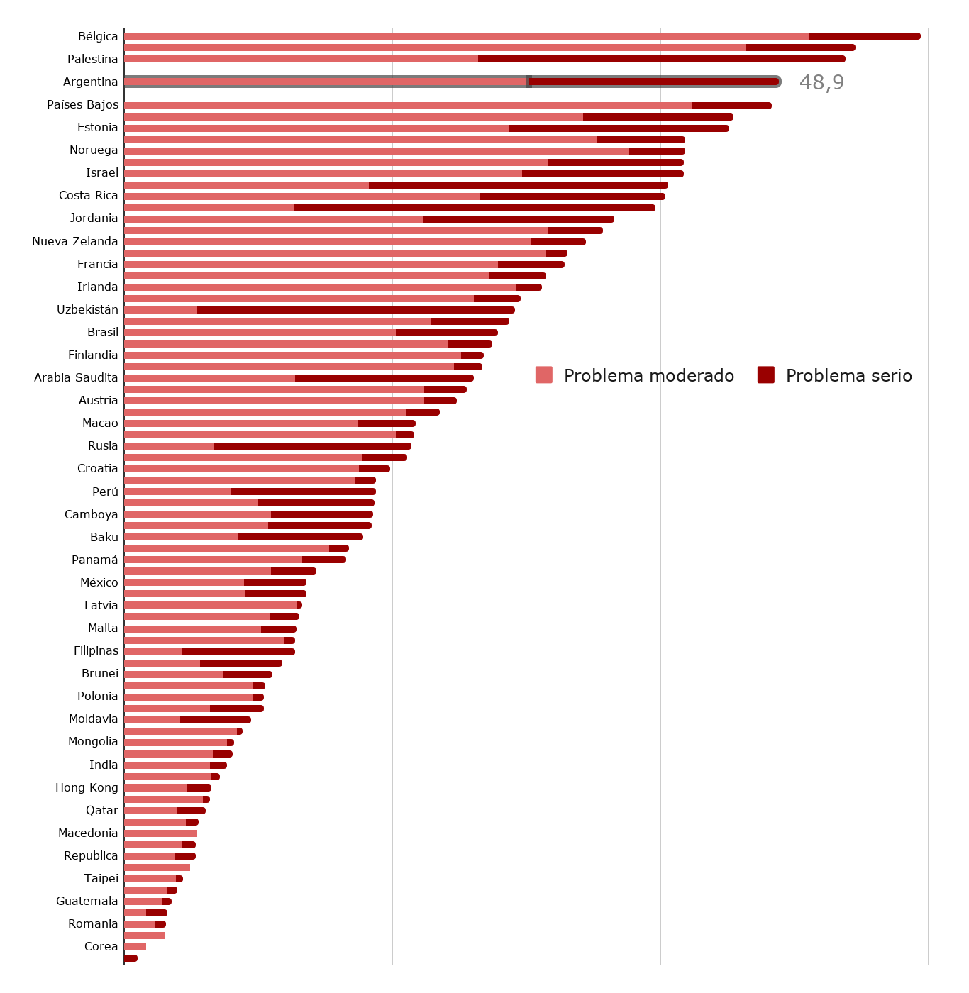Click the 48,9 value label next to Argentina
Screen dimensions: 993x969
coord(821,82)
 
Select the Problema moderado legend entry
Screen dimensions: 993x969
coord(635,375)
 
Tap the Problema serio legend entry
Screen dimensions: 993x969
coord(835,375)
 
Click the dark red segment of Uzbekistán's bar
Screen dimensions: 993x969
coord(355,310)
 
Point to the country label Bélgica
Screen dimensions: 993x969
coord(98,36)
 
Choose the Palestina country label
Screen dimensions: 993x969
coord(92,59)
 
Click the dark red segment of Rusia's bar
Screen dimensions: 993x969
coord(312,446)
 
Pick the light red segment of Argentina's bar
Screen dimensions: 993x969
coord(325,82)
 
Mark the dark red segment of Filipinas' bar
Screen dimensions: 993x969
coord(238,652)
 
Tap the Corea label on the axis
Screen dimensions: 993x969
coord(101,946)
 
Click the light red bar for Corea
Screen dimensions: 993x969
coord(135,947)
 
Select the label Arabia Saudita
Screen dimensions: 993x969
coord(76,377)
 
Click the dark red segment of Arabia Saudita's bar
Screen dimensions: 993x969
coord(384,378)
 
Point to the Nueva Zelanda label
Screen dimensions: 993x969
coord(74,241)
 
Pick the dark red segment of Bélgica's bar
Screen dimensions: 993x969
coord(864,36)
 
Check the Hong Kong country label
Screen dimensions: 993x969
coord(87,787)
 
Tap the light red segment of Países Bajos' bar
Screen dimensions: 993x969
coord(408,106)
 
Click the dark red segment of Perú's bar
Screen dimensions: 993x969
coord(303,492)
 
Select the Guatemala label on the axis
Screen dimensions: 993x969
coord(87,901)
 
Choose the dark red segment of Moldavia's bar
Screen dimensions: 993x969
coord(215,720)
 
